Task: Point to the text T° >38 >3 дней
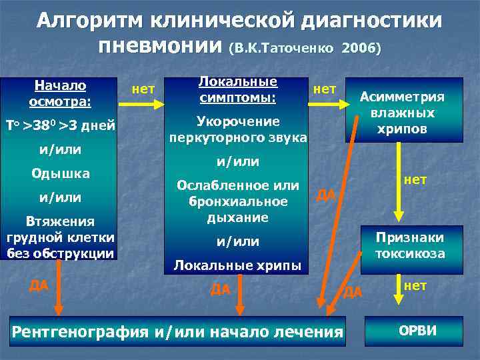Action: tap(61, 126)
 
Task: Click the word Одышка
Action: tap(60, 173)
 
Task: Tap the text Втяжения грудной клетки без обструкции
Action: tap(60, 237)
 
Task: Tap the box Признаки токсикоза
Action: tap(409, 245)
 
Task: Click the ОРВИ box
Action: tap(413, 331)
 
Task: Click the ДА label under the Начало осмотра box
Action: tap(39, 285)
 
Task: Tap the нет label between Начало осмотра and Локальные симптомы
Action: tap(143, 88)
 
